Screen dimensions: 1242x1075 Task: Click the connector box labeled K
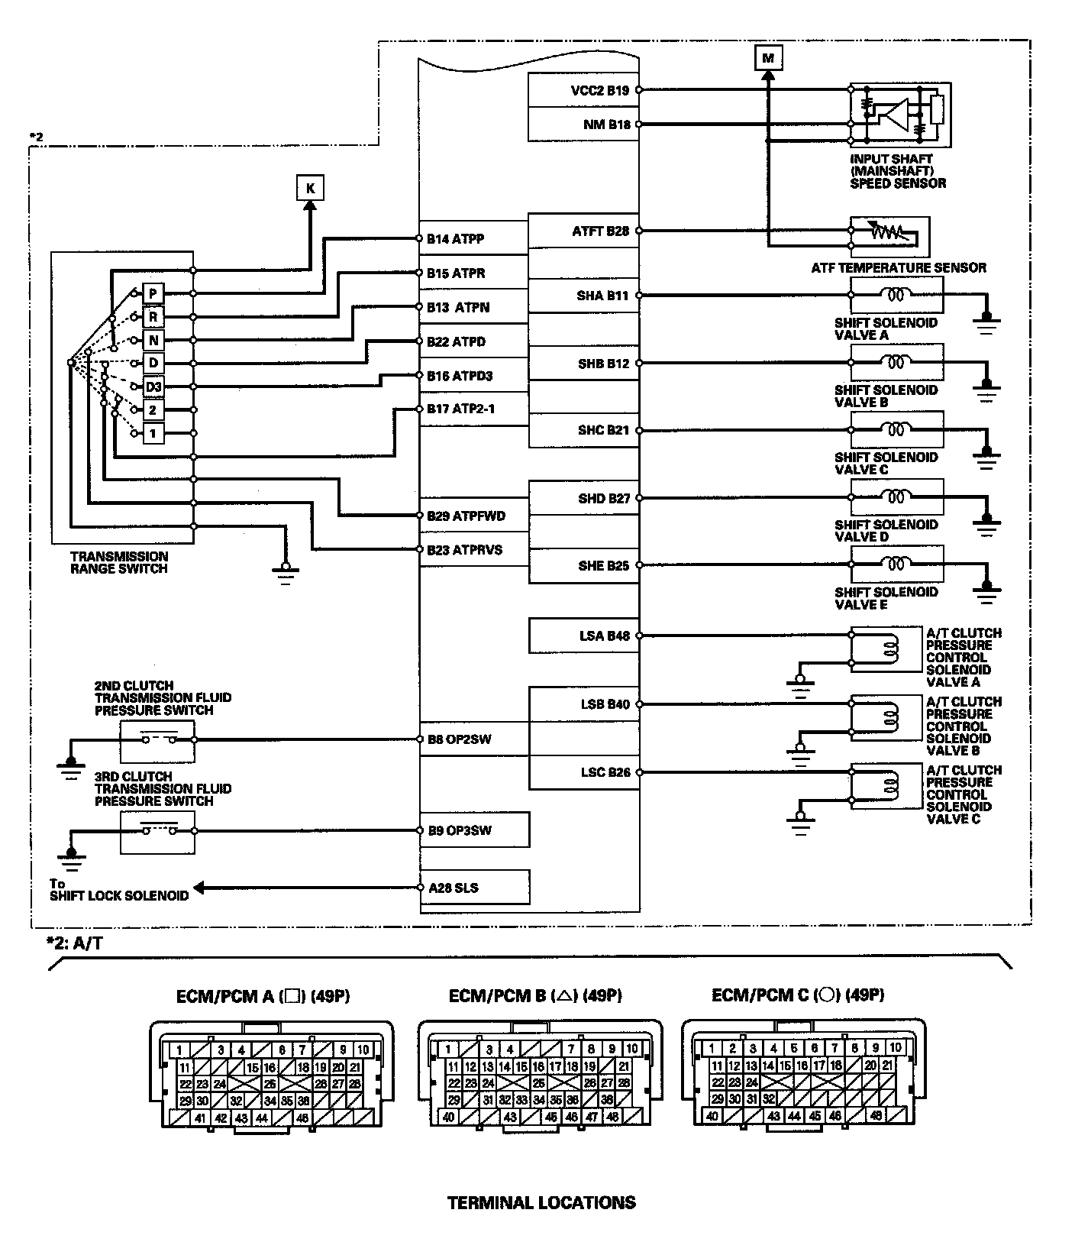click(x=309, y=188)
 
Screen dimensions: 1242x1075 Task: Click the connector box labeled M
click(x=768, y=57)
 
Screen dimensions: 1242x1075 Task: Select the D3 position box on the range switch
click(x=153, y=387)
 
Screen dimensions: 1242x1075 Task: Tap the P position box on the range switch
click(x=153, y=293)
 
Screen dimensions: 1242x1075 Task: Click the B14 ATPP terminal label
click(x=455, y=238)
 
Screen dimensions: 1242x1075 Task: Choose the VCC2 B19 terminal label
click(x=600, y=90)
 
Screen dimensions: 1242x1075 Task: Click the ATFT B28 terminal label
click(x=600, y=231)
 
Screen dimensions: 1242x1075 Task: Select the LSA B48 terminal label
click(x=604, y=636)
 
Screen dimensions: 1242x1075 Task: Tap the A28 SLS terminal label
click(x=454, y=888)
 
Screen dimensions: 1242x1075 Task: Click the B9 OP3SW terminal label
click(x=459, y=830)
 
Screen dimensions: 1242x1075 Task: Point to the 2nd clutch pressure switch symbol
click(x=157, y=739)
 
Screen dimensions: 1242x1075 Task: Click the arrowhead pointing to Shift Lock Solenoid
click(x=200, y=888)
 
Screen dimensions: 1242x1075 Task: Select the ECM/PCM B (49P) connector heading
click(x=534, y=996)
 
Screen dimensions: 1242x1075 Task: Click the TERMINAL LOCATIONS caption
click(x=541, y=1203)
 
